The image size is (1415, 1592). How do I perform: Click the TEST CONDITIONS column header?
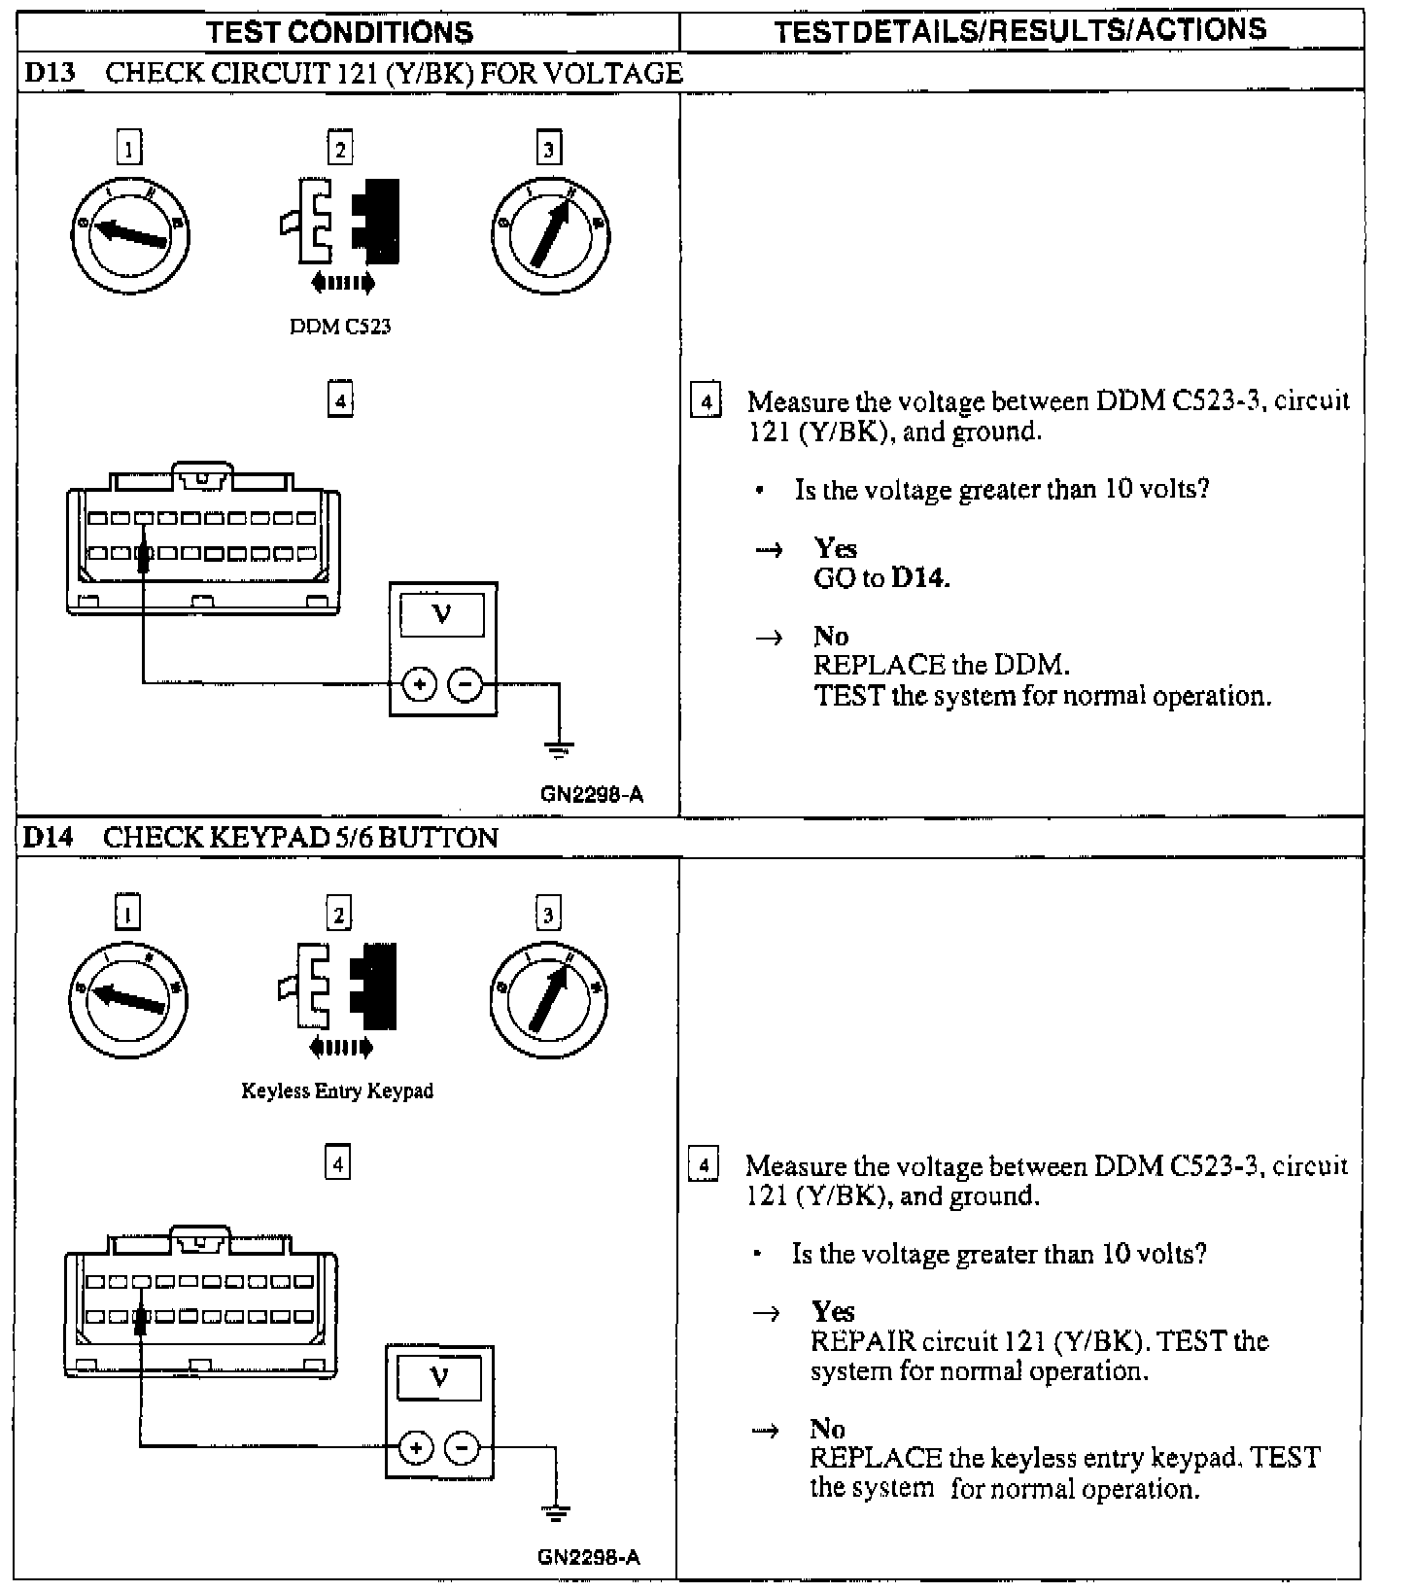click(339, 32)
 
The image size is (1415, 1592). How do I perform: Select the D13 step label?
click(49, 73)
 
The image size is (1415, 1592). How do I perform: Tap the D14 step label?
click(49, 838)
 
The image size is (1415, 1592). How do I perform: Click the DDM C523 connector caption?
click(340, 327)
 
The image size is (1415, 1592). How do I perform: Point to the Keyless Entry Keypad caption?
click(337, 1091)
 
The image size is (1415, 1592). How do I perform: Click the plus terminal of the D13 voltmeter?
click(419, 685)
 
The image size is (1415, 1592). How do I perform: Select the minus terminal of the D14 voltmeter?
click(462, 1449)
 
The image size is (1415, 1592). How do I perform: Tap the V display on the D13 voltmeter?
click(442, 614)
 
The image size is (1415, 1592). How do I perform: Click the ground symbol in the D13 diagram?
click(560, 749)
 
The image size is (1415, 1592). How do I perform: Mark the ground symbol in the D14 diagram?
click(556, 1513)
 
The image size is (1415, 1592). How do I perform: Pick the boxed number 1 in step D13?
click(128, 148)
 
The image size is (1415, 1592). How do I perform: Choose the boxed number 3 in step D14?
click(548, 914)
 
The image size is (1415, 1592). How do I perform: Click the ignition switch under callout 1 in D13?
click(130, 233)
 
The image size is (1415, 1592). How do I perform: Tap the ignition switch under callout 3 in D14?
click(549, 998)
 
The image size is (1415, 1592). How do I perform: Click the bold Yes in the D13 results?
click(836, 548)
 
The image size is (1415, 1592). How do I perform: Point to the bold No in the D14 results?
click(828, 1429)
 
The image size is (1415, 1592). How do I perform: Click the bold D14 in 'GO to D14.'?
click(919, 578)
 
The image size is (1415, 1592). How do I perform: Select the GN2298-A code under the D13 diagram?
click(591, 794)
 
